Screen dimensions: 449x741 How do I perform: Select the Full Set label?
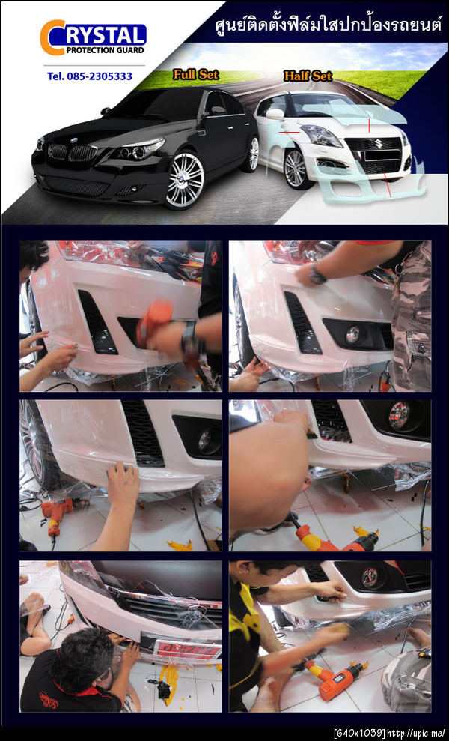pyautogui.click(x=195, y=74)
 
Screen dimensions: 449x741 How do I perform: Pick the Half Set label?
pyautogui.click(x=308, y=75)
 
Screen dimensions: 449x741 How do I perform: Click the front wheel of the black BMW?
pyautogui.click(x=185, y=180)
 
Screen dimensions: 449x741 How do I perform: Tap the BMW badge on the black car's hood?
pyautogui.click(x=73, y=140)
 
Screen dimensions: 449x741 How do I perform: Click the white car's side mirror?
pyautogui.click(x=275, y=114)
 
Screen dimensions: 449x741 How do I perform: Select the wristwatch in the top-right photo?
pyautogui.click(x=317, y=274)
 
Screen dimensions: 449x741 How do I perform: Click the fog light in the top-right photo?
pyautogui.click(x=352, y=335)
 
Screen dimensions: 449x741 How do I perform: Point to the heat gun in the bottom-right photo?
pyautogui.click(x=336, y=677)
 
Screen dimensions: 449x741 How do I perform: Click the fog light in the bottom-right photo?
pyautogui.click(x=369, y=577)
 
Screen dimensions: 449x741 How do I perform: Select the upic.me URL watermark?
pyautogui.click(x=417, y=734)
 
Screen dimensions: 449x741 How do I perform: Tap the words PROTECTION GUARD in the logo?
pyautogui.click(x=105, y=50)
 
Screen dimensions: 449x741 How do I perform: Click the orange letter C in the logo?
pyautogui.click(x=51, y=37)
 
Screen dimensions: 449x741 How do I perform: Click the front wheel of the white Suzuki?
pyautogui.click(x=296, y=169)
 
